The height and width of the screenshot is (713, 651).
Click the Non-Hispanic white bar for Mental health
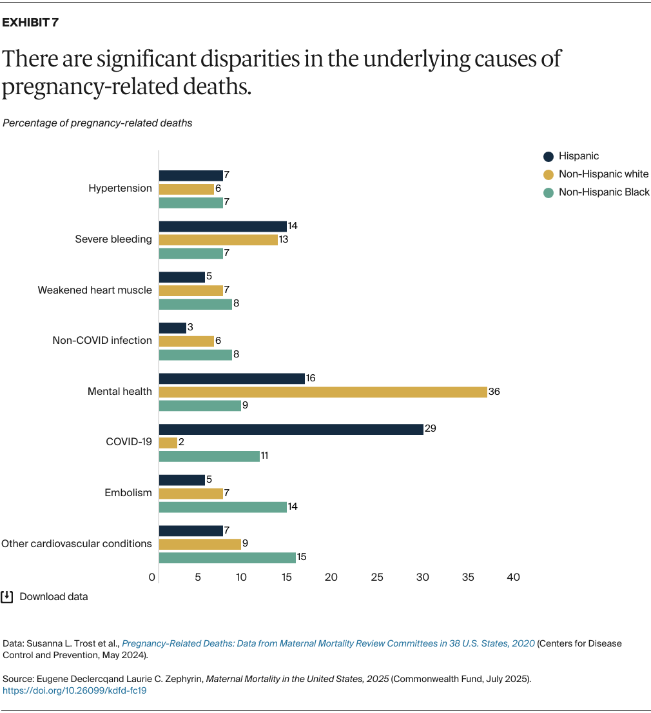(323, 392)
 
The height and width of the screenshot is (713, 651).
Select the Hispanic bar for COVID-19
(291, 429)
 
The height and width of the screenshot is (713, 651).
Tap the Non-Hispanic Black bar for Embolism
(222, 507)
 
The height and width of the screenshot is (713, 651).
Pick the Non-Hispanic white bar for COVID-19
(168, 443)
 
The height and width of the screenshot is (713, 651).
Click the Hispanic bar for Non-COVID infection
(173, 328)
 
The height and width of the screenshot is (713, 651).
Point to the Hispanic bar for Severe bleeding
(222, 226)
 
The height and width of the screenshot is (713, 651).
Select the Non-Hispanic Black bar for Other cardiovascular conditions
(227, 557)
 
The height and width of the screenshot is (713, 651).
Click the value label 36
(494, 392)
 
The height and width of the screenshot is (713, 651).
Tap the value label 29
(431, 429)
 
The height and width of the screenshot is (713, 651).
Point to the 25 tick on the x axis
(377, 577)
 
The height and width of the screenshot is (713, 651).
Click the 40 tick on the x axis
(513, 577)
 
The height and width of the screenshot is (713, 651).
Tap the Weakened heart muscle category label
(95, 290)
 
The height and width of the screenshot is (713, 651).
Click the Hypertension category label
(120, 188)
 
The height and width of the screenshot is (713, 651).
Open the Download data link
(53, 597)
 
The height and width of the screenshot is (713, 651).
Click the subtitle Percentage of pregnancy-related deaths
(97, 123)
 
